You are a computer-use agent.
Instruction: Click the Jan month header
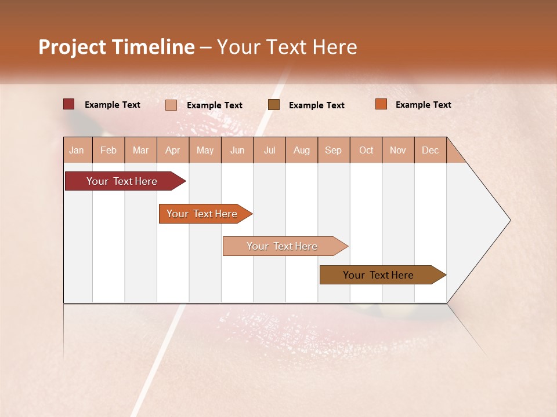pos(77,150)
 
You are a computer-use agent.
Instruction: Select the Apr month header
pos(173,150)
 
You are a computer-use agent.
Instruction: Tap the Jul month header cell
pos(270,150)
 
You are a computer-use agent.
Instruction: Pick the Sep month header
pos(333,150)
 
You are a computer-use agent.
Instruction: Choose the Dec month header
pos(430,150)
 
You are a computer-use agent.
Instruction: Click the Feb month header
pos(108,150)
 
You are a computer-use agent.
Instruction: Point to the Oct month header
pos(366,150)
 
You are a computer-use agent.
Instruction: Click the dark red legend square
pos(69,104)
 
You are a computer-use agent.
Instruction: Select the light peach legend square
pos(171,105)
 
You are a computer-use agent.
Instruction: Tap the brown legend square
pos(274,105)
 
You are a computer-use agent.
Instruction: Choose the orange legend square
pos(381,104)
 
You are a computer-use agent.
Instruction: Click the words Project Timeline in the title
pos(116,47)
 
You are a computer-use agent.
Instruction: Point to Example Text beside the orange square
pos(423,105)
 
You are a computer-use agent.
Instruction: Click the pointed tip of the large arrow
pos(509,220)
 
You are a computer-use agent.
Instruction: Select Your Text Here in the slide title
pos(287,47)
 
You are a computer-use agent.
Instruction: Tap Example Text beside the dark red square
pos(112,105)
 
